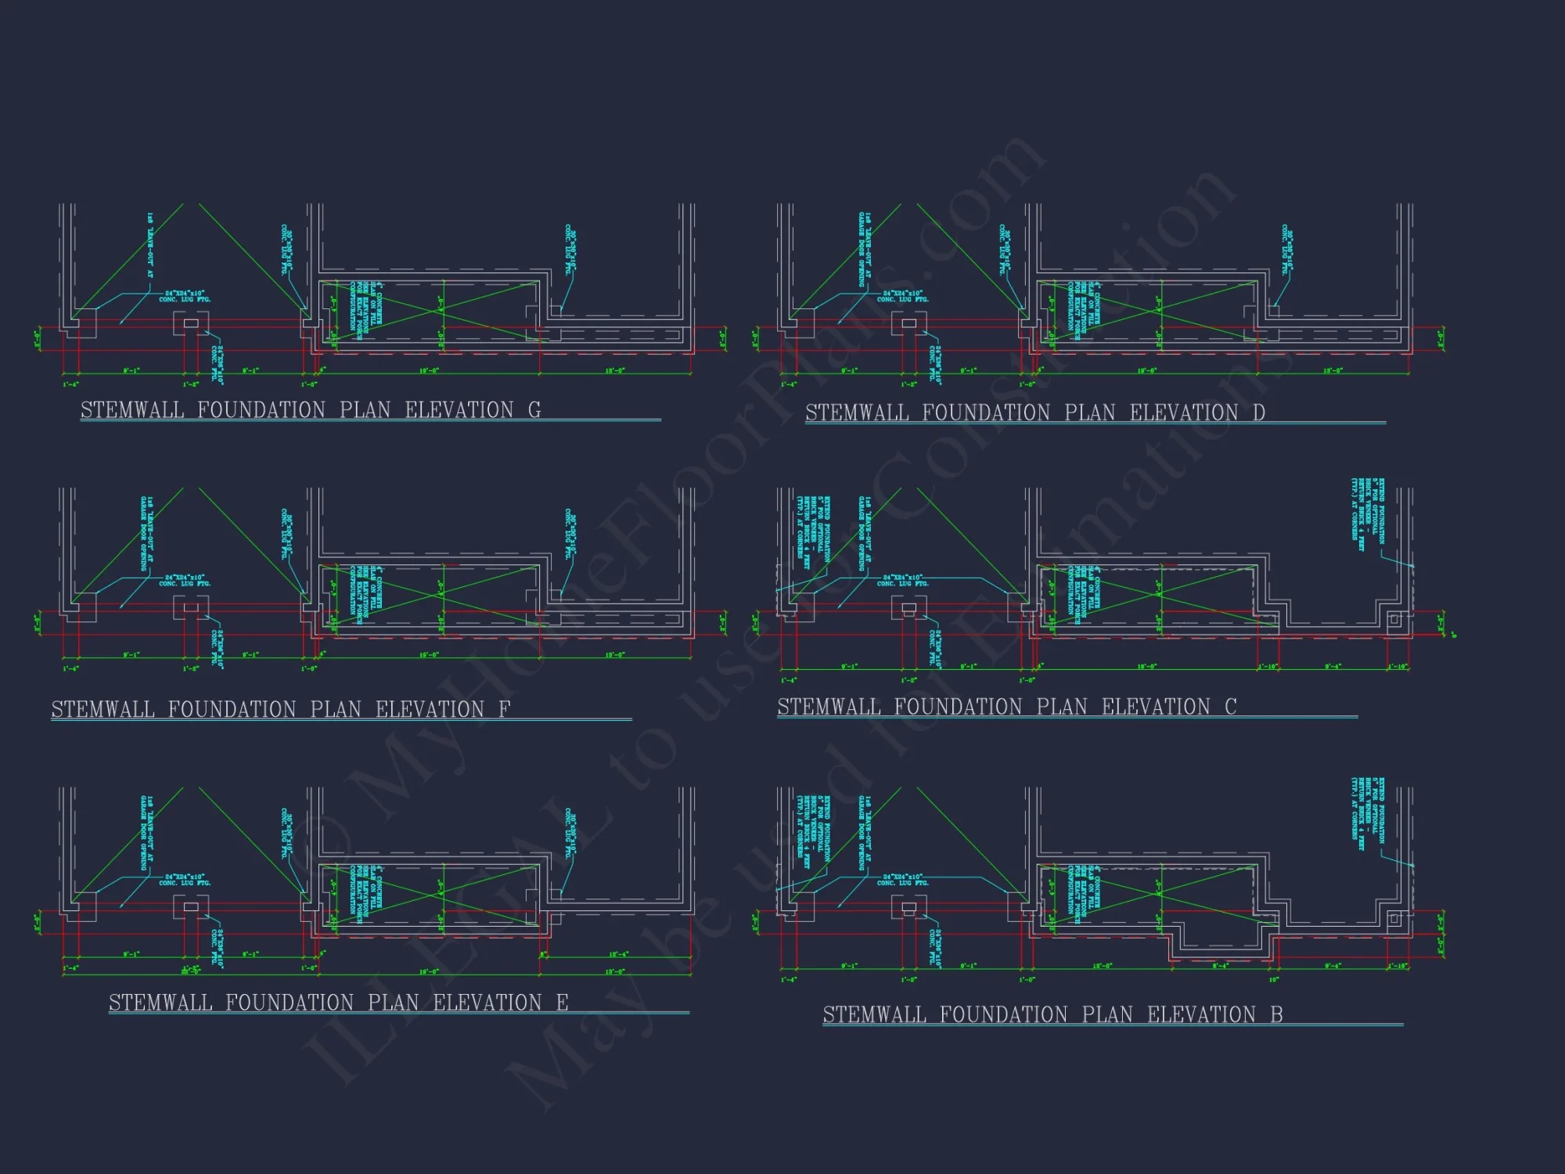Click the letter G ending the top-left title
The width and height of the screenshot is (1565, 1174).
(534, 410)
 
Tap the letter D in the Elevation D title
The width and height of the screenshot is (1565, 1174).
(1258, 412)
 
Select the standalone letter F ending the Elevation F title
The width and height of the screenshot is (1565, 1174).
(505, 709)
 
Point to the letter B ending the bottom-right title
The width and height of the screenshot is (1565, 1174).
(1276, 1014)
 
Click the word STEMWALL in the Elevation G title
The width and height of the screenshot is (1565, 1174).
(132, 410)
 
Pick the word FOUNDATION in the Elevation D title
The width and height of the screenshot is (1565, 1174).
(986, 412)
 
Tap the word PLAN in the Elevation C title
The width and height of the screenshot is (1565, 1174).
(1062, 707)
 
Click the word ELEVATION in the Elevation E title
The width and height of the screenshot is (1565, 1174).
(487, 1003)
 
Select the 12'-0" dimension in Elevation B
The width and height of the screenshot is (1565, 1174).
(1102, 967)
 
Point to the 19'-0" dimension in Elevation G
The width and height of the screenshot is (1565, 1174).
(429, 371)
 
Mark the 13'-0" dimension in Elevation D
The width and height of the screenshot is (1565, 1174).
(1333, 371)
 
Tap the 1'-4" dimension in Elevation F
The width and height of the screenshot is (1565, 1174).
(70, 669)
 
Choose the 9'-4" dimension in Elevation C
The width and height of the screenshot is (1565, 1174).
(1333, 667)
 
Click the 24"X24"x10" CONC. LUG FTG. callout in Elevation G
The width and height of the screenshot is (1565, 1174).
(185, 296)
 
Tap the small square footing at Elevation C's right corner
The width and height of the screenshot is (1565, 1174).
(1394, 621)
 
